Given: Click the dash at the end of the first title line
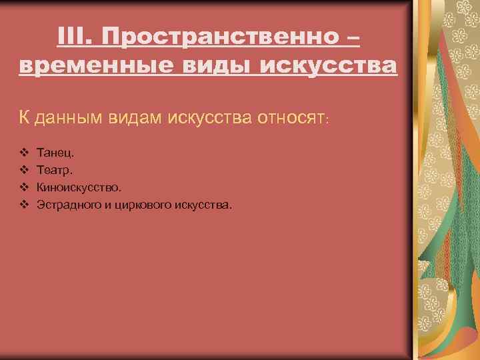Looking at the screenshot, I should pyautogui.click(x=353, y=38).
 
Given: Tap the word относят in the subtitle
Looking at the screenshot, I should pyautogui.click(x=288, y=118).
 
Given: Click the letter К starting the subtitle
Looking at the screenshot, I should pyautogui.click(x=23, y=118).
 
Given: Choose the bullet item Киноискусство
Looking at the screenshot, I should pyautogui.click(x=79, y=188).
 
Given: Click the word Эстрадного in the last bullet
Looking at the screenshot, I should pyautogui.click(x=67, y=205).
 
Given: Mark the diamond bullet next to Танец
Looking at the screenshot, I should pyautogui.click(x=23, y=154).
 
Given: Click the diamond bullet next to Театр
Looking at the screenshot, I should pyautogui.click(x=23, y=171).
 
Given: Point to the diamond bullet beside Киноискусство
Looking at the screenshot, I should pyautogui.click(x=23, y=187).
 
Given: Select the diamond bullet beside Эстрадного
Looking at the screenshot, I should pyautogui.click(x=23, y=204).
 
